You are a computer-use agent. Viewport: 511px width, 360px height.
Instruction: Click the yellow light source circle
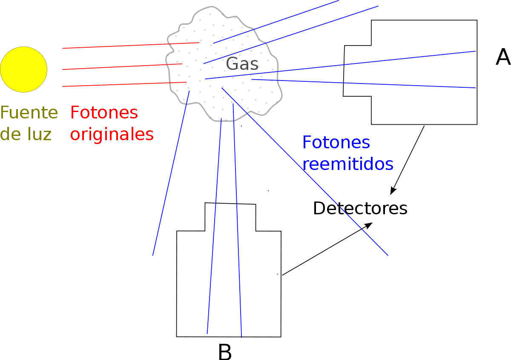[x=24, y=69]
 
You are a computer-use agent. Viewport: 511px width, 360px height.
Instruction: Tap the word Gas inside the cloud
[x=242, y=63]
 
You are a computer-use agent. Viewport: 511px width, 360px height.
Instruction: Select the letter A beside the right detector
[x=503, y=57]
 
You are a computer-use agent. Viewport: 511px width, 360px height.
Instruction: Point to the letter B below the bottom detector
[x=225, y=352]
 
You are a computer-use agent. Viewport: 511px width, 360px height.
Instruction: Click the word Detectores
[x=360, y=208]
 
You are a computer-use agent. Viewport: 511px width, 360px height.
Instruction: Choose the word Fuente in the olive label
[x=29, y=112]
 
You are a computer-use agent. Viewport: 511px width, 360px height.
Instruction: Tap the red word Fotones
[x=104, y=112]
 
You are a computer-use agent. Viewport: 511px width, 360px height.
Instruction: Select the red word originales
[x=112, y=135]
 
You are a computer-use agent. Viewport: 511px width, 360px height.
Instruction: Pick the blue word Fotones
[x=336, y=142]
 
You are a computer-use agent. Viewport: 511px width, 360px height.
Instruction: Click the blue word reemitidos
[x=348, y=164]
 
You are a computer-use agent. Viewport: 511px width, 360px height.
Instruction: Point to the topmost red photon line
[x=131, y=46]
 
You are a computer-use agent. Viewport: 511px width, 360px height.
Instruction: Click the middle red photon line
[x=122, y=66]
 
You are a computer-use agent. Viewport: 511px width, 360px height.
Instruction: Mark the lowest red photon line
[x=124, y=84]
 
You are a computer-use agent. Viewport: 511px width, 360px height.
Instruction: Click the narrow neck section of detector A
[x=357, y=71]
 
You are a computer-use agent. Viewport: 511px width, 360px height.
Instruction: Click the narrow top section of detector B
[x=230, y=217]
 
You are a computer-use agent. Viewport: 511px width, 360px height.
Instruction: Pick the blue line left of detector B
[x=171, y=173]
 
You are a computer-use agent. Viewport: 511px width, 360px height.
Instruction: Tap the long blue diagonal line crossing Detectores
[x=305, y=172]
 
